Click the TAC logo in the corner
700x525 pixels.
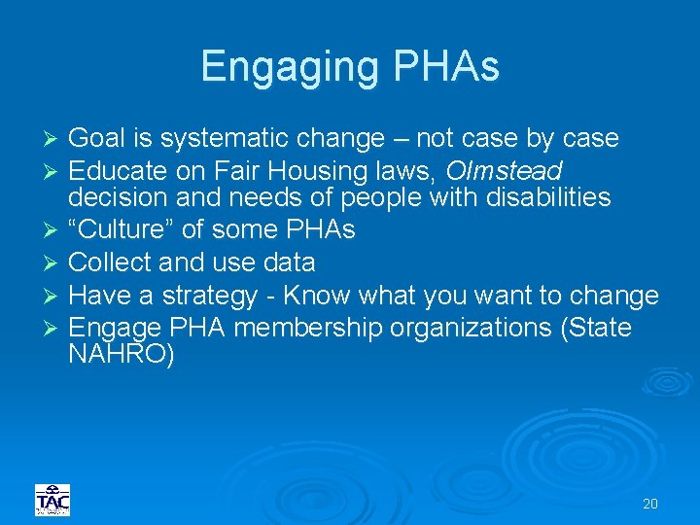coord(52,500)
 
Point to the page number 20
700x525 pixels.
coord(650,504)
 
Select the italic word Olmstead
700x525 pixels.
coord(504,171)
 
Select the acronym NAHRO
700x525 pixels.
coord(122,355)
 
